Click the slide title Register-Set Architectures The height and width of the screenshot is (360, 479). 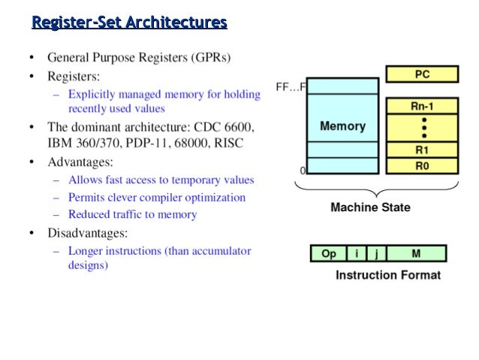129,23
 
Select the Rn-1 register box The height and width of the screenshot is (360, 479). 422,107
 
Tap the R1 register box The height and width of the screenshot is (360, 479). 422,150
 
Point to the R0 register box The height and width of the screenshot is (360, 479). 422,166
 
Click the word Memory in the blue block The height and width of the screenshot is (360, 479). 342,126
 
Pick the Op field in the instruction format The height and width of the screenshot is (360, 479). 329,254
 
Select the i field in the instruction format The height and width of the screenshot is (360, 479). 356,254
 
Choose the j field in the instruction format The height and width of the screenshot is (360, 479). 373,254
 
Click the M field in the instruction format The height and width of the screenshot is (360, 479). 414,254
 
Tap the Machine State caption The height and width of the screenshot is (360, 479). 370,207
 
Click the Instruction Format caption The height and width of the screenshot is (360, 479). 387,275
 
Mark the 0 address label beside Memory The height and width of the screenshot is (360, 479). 303,171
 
